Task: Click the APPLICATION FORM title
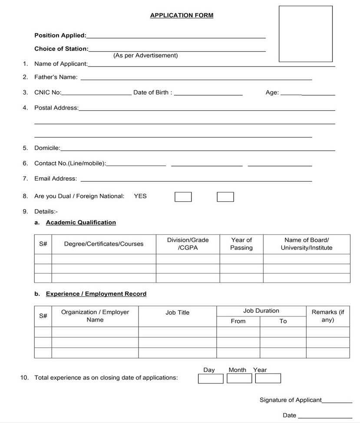coord(182,15)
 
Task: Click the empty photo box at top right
coord(305,34)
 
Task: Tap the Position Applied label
coord(60,35)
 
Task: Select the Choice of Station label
coord(61,49)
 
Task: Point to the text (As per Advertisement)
coord(145,56)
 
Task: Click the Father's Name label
coord(56,77)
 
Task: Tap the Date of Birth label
coord(152,92)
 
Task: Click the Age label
coord(272,92)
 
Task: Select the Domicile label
coord(47,148)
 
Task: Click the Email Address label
coord(56,178)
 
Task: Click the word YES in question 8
coord(140,196)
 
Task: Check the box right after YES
coord(183,197)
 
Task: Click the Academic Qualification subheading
coord(81,222)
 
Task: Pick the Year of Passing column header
coord(241,244)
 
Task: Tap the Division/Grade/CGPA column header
coord(188,244)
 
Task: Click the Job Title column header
coord(177,312)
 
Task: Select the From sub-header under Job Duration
coord(238,321)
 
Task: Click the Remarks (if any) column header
coord(327,316)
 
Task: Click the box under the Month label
coord(239,378)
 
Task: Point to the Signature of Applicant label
coord(291,400)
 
